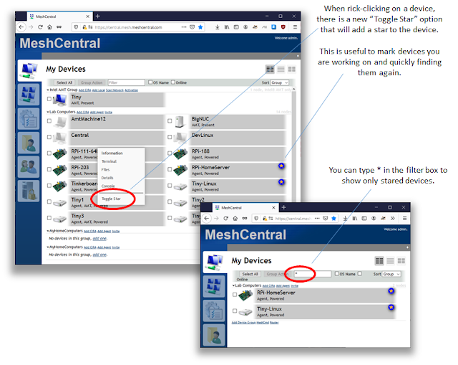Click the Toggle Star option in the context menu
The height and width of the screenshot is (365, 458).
tap(111, 199)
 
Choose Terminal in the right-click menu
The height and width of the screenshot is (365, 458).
tap(109, 162)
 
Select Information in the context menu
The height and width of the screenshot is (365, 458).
tap(112, 153)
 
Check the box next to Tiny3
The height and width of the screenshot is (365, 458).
tap(49, 217)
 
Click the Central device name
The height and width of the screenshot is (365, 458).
tap(80, 135)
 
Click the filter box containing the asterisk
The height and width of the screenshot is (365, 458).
tap(312, 274)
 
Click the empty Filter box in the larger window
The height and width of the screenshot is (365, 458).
tap(126, 82)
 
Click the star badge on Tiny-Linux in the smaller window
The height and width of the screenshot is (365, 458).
tap(391, 307)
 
